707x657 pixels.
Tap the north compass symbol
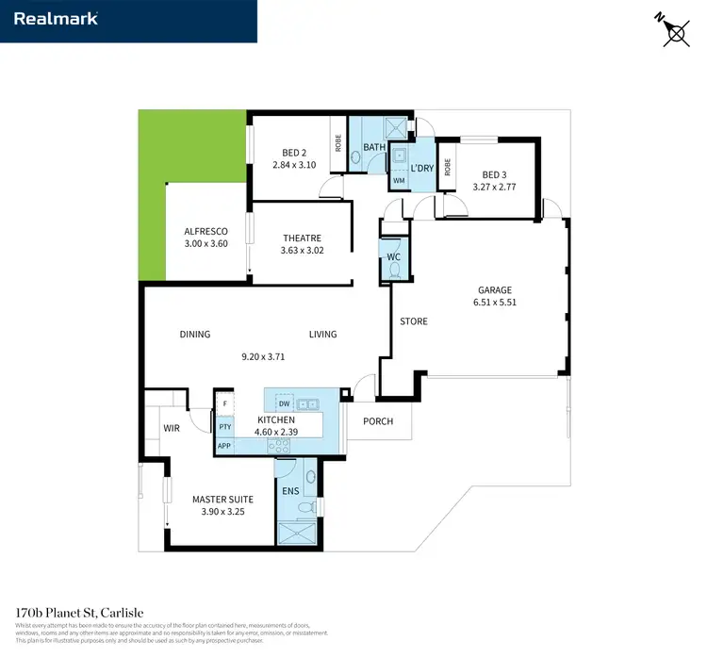coord(674,30)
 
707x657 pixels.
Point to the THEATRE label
coord(302,238)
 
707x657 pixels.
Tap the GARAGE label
coord(494,290)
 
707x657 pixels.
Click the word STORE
coord(413,321)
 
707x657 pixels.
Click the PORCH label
coord(378,421)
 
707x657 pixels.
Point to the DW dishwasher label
coord(284,402)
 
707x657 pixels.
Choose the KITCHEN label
coord(276,420)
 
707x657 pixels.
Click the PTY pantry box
coord(224,427)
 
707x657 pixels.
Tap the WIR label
coord(172,427)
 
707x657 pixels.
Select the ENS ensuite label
coord(289,490)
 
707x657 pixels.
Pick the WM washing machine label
coord(398,180)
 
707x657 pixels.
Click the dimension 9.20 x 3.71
coord(263,357)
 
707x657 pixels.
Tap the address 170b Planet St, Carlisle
coord(80,613)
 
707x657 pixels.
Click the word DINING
coord(194,334)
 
